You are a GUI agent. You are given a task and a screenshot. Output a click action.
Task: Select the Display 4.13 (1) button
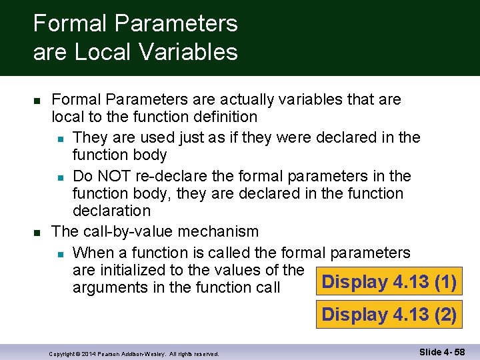pos(389,282)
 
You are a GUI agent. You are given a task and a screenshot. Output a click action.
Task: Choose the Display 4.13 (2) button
pos(389,314)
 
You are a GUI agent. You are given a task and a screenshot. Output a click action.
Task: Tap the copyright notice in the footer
pos(134,354)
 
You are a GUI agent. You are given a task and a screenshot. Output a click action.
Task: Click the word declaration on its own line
pos(111,211)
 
